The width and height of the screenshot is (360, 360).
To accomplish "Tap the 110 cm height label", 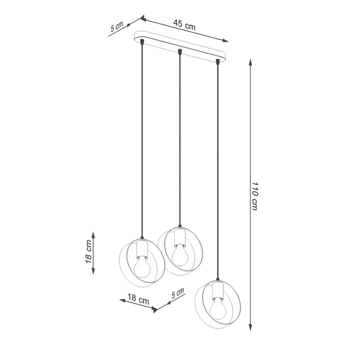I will pos(255,196).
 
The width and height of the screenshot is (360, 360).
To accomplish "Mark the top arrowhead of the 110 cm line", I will pos(250,62).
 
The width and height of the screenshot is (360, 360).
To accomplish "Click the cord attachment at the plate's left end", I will pos(142,41).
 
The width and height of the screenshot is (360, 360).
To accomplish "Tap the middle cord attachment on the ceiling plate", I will pos(179,52).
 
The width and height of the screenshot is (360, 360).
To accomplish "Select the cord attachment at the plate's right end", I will pos(217,62).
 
